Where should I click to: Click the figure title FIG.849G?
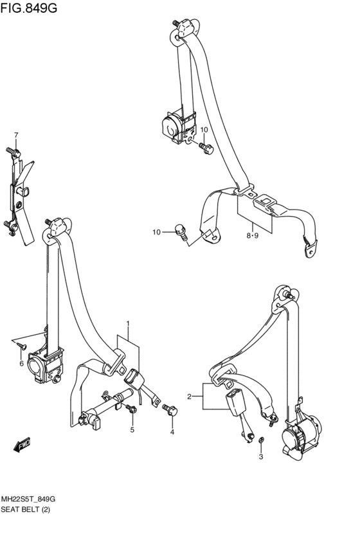(x=28, y=7)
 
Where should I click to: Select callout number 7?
(x=16, y=134)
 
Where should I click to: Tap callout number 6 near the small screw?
(x=21, y=364)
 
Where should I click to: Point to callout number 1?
(x=128, y=323)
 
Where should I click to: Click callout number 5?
(x=132, y=430)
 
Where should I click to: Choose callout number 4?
(x=172, y=432)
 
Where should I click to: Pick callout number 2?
(x=189, y=397)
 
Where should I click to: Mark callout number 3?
(x=261, y=456)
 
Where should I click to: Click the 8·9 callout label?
(x=252, y=235)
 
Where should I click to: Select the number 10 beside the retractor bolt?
(x=204, y=130)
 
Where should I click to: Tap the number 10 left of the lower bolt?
(x=157, y=232)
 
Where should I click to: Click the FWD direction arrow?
(x=22, y=444)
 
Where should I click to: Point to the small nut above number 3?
(x=260, y=440)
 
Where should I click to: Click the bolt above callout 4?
(x=170, y=409)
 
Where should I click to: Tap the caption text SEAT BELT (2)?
(x=26, y=510)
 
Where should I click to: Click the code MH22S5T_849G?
(x=28, y=499)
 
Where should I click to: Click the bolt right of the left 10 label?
(x=181, y=231)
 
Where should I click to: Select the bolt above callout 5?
(x=132, y=408)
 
